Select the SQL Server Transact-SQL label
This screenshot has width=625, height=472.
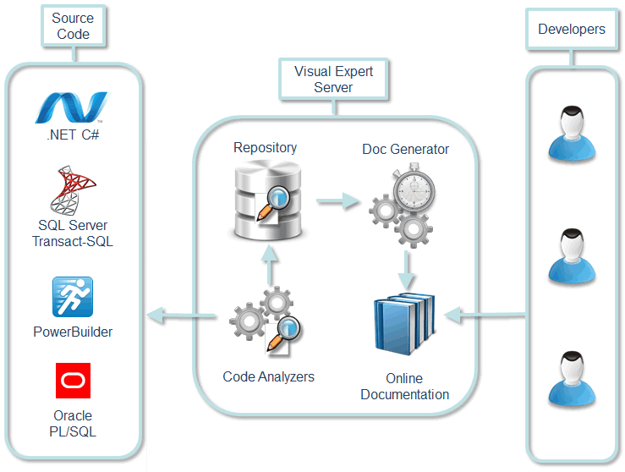click(x=73, y=233)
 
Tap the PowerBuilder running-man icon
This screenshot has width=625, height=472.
click(x=73, y=298)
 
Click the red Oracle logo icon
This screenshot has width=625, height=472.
click(x=73, y=381)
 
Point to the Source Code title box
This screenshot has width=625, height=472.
click(x=73, y=25)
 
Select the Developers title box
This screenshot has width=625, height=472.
click(x=572, y=29)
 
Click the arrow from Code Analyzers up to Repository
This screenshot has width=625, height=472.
click(x=269, y=266)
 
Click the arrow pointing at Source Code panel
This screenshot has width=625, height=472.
click(x=183, y=317)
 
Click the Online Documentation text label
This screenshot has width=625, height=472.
click(x=404, y=387)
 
